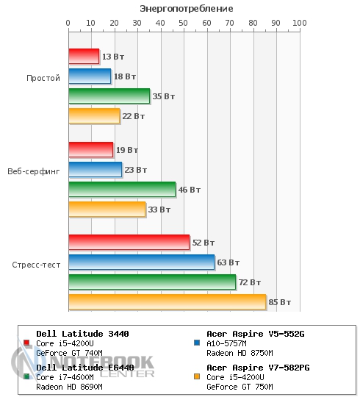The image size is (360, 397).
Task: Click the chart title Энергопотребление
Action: click(187, 9)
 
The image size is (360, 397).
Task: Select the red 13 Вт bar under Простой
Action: click(84, 56)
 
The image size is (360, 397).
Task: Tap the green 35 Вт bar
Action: click(109, 96)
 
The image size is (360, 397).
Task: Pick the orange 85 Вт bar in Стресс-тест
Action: click(168, 302)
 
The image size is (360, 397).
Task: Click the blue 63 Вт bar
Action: click(142, 262)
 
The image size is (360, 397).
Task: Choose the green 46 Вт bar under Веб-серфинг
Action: click(122, 190)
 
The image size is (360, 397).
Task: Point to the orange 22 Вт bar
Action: click(94, 116)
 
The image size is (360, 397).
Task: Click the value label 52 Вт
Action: click(204, 243)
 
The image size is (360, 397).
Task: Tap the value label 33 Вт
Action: click(159, 210)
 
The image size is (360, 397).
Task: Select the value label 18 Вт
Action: click(125, 76)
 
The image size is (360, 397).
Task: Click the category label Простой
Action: click(43, 78)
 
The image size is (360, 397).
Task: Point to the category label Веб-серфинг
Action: click(34, 171)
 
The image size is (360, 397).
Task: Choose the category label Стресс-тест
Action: click(36, 265)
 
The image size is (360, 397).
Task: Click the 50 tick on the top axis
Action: click(183, 23)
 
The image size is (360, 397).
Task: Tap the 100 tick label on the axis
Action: click(300, 23)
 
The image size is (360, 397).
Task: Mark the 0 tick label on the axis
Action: click(68, 23)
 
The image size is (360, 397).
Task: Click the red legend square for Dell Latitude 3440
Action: click(26, 343)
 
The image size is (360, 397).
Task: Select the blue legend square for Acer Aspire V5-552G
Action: click(197, 343)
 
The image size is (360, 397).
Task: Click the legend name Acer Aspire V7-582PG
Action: click(258, 368)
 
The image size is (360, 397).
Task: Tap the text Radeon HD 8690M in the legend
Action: click(69, 387)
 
